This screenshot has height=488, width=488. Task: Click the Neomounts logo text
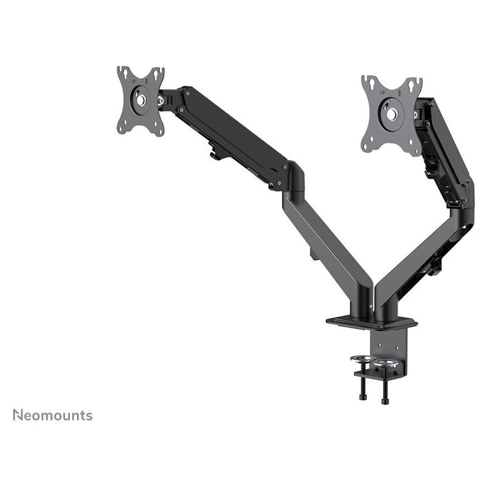pyautogui.click(x=53, y=415)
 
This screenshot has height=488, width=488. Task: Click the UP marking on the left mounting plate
pyautogui.click(x=134, y=81)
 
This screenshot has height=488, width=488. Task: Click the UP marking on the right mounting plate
pyautogui.click(x=383, y=92)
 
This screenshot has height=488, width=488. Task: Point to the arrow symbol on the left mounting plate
pyautogui.click(x=147, y=81)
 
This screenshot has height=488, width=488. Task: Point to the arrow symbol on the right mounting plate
pyautogui.click(x=400, y=92)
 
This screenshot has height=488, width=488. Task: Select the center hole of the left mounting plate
pyautogui.click(x=141, y=100)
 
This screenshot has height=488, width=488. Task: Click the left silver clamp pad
pyautogui.click(x=362, y=359)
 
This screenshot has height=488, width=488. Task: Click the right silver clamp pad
pyautogui.click(x=386, y=363)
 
